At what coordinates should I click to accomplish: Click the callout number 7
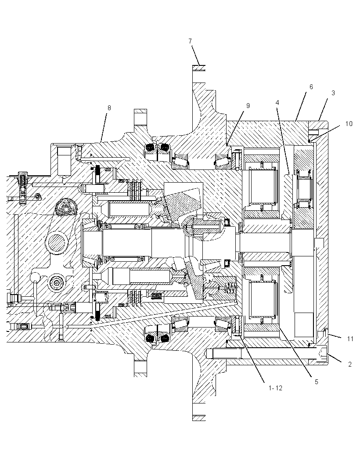(190, 41)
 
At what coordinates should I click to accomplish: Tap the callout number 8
(109, 108)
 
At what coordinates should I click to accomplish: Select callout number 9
(248, 106)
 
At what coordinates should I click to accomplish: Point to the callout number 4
(277, 103)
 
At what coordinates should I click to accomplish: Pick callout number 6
(311, 87)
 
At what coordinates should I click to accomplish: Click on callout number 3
(333, 93)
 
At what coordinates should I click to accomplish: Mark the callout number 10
(349, 123)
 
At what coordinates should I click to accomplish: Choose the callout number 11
(350, 339)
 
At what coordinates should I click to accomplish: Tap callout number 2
(350, 364)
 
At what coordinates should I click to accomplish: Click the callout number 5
(317, 382)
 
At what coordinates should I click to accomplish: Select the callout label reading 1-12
(275, 388)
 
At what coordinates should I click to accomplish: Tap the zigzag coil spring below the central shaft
(230, 289)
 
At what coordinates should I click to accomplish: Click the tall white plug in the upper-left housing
(64, 161)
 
